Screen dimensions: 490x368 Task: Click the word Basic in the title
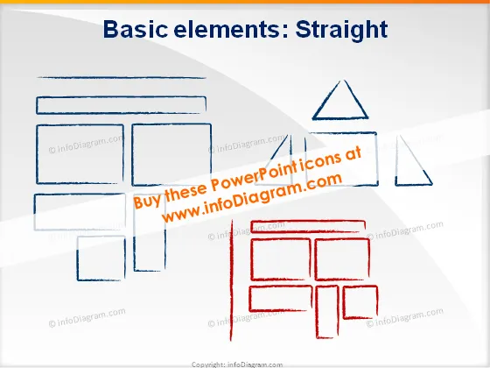tap(136, 29)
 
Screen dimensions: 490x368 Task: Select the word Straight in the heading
tap(341, 31)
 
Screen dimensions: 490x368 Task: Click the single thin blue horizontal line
tap(122, 77)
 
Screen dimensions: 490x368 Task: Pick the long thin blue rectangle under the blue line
tap(121, 97)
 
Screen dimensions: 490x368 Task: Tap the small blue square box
tap(78, 258)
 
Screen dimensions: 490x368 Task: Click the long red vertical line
tap(232, 280)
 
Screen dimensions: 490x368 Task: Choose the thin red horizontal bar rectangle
tap(308, 222)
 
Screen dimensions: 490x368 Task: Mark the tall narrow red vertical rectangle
tap(316, 312)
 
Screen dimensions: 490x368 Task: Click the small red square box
tap(344, 302)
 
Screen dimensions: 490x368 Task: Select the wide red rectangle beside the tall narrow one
tap(249, 299)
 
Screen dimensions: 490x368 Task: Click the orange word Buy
tap(148, 202)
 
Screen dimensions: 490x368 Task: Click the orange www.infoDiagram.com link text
tap(252, 198)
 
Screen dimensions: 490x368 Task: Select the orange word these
tap(185, 192)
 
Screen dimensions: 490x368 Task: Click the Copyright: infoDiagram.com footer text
tap(237, 364)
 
